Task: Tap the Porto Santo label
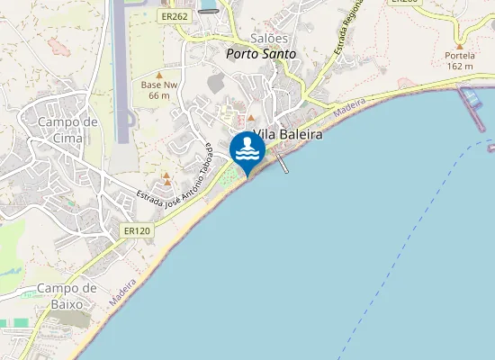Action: pyautogui.click(x=260, y=54)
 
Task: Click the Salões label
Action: pyautogui.click(x=269, y=39)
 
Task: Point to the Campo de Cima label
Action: pyautogui.click(x=67, y=130)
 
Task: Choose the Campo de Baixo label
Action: pyautogui.click(x=66, y=296)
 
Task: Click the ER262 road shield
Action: pyautogui.click(x=175, y=16)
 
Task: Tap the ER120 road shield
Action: pyautogui.click(x=137, y=231)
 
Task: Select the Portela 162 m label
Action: pyautogui.click(x=460, y=60)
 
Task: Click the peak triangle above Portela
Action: pyautogui.click(x=460, y=45)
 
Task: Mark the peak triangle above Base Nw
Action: pyautogui.click(x=159, y=76)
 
